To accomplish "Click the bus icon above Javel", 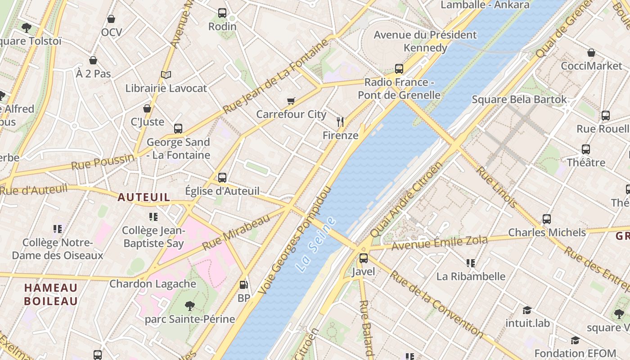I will (363, 258).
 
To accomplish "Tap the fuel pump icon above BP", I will (243, 284).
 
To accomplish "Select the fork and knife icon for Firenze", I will (340, 121).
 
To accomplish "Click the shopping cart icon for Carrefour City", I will (291, 101).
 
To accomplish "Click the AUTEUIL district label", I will (144, 197).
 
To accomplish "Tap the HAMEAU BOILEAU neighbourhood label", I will (51, 294).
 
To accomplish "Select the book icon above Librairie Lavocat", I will (166, 75).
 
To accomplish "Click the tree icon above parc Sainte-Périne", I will (190, 306).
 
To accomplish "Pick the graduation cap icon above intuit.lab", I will (527, 310).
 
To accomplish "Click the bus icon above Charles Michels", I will (547, 219).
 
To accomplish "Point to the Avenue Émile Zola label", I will (439, 243).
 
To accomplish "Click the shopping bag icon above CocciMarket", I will (591, 53).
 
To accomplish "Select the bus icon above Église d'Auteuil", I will (222, 177).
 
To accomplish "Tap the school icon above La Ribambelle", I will (471, 263).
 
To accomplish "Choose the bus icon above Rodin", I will (222, 13).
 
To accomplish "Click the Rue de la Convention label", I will (436, 304).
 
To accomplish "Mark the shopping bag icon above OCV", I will (111, 19).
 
